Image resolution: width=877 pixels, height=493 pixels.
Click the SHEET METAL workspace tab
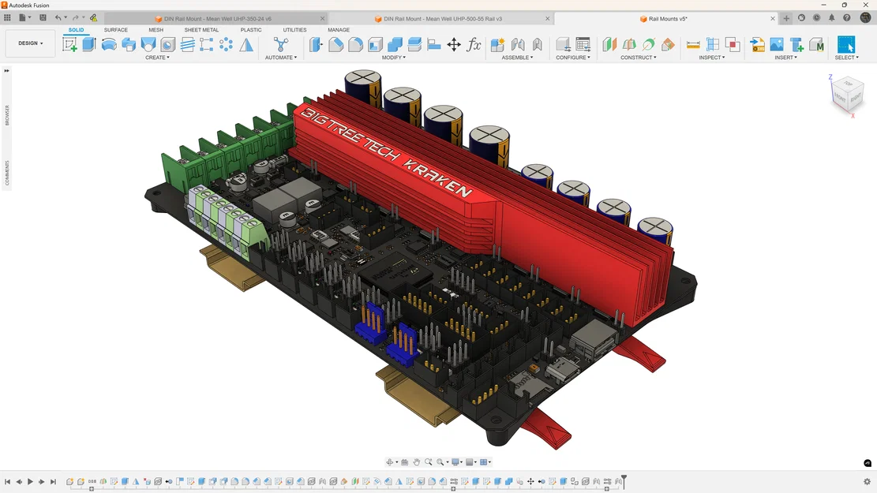[x=201, y=30]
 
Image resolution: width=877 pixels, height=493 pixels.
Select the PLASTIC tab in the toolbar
[x=251, y=30]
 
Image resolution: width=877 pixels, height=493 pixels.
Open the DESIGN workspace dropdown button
[x=30, y=43]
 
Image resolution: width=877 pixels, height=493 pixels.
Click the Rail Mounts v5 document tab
[x=667, y=18]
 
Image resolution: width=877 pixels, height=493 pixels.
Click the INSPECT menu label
[x=711, y=58]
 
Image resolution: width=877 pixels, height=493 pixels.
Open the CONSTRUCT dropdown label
[x=638, y=58]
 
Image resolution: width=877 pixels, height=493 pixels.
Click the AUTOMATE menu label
[x=280, y=58]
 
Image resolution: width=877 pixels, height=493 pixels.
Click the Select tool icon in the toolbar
[x=845, y=44]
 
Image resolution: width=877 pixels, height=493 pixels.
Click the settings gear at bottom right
[x=867, y=481]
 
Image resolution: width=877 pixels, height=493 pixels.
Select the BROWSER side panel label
[x=7, y=115]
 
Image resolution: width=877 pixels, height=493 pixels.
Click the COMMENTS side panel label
[x=7, y=173]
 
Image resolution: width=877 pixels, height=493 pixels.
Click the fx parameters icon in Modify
[x=474, y=45]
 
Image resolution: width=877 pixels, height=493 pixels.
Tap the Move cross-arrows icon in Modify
[x=454, y=45]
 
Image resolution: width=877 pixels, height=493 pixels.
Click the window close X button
[x=865, y=5]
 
